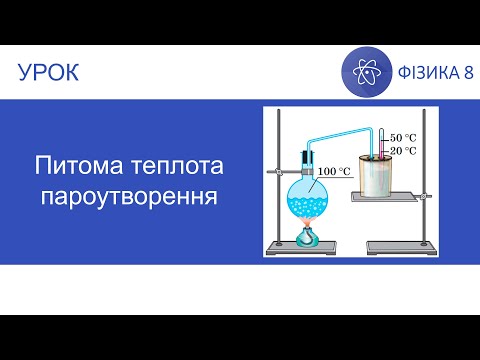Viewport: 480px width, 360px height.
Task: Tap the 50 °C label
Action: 403,137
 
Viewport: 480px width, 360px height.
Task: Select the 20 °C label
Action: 403,151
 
